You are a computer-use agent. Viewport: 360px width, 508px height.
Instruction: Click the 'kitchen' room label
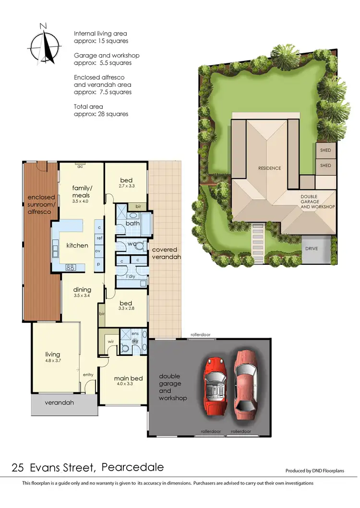[77, 245]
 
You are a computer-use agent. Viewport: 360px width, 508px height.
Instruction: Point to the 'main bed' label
[129, 378]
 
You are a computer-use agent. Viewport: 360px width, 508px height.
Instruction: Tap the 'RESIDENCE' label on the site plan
[269, 168]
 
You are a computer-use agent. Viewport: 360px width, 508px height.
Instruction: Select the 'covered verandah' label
[165, 253]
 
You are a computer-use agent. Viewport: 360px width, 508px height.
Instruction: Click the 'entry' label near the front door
[88, 375]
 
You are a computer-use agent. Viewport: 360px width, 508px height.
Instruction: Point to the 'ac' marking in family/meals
[81, 166]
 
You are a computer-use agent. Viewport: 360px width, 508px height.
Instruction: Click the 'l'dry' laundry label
[131, 277]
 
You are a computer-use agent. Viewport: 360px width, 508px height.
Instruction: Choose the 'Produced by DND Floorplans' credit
[314, 471]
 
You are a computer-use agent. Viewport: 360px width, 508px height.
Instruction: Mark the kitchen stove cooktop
[70, 267]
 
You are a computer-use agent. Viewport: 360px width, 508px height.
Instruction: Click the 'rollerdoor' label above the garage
[200, 334]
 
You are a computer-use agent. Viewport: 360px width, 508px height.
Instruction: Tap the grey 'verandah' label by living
[60, 402]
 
